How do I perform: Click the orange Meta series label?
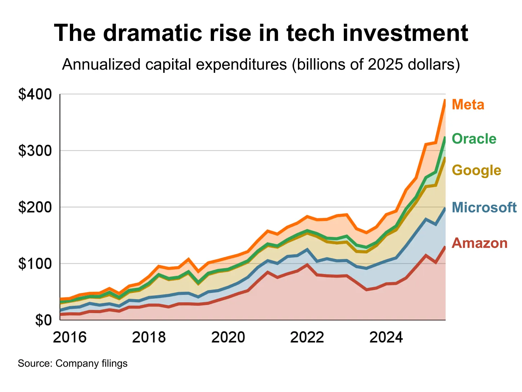tap(468, 104)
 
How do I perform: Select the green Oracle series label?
tap(474, 139)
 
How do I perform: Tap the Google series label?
tap(476, 170)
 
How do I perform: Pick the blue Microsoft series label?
tap(484, 207)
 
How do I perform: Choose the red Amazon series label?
tap(480, 243)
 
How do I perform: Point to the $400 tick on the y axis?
tap(35, 94)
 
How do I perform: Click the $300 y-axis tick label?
tap(35, 151)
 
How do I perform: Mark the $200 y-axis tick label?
tap(35, 207)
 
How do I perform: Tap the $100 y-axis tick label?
tap(35, 263)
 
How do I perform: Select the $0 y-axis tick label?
tap(43, 320)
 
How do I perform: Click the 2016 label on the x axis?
tap(70, 337)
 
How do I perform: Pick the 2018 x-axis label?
tap(149, 337)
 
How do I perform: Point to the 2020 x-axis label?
tap(228, 337)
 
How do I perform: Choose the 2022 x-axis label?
tap(307, 337)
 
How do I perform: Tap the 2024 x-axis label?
tap(386, 337)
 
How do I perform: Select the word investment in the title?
tap(405, 33)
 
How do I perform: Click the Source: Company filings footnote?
tap(72, 363)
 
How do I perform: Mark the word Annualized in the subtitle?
tap(101, 65)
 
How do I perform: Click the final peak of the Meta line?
tap(445, 100)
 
